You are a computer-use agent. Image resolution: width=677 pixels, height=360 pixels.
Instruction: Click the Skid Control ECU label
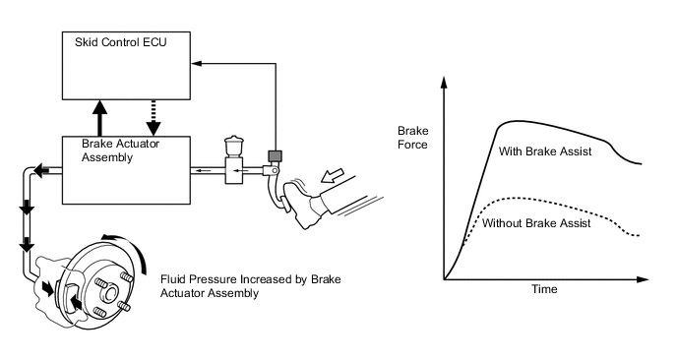[120, 42]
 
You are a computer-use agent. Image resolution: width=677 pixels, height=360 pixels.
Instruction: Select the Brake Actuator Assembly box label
[120, 150]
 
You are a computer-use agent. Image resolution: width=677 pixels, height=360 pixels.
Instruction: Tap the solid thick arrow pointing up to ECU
[99, 118]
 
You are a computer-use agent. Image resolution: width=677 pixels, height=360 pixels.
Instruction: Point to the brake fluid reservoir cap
[234, 139]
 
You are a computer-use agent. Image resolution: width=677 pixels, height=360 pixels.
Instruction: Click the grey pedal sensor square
[275, 155]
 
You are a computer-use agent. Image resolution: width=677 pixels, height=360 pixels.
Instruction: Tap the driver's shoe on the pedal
[302, 203]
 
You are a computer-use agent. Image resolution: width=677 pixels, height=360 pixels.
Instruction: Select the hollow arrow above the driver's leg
[333, 176]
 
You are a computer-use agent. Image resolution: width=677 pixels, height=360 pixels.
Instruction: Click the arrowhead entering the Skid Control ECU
[197, 64]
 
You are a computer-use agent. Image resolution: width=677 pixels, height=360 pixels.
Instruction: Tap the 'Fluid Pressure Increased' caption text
[250, 286]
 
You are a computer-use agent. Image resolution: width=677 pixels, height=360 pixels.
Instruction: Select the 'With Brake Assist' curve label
[545, 151]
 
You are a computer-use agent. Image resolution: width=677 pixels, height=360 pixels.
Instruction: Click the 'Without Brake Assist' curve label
[536, 223]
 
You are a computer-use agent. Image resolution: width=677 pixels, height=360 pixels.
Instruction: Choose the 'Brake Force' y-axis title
[413, 138]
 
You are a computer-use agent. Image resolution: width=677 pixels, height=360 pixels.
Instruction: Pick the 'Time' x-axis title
[544, 289]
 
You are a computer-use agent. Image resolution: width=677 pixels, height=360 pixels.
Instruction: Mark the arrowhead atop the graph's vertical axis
[444, 82]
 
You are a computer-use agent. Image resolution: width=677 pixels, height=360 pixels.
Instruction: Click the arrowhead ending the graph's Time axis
[643, 279]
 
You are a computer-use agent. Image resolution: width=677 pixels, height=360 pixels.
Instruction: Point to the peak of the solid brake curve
[514, 121]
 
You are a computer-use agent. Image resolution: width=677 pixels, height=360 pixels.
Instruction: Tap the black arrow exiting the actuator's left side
[40, 170]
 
